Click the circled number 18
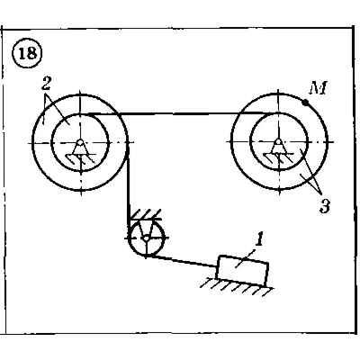coord(27,53)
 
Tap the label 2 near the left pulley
coord(46,85)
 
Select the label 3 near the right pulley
coord(324,206)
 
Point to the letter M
coord(319,89)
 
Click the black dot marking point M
coord(305,103)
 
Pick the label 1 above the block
coord(260,240)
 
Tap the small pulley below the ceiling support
coord(146,238)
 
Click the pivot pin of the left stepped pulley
coord(80,142)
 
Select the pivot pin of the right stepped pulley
coord(279,141)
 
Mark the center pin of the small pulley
coord(146,238)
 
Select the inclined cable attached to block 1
coord(183,261)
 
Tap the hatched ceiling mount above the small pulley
coord(146,215)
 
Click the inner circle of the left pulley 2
coord(51,143)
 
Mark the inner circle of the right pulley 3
coord(250,142)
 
